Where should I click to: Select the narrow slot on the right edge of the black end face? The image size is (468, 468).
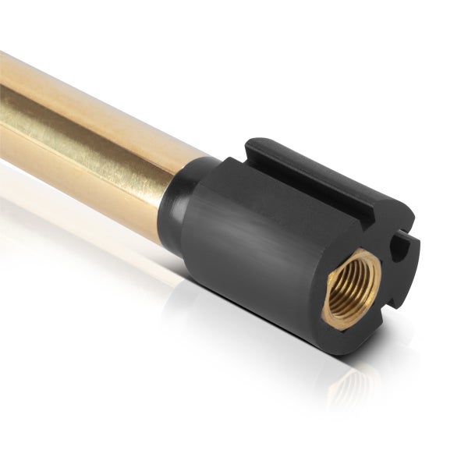pyautogui.click(x=401, y=247)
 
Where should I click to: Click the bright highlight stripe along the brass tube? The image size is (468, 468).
pyautogui.click(x=86, y=133)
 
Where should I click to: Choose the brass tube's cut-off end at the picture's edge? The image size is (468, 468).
pyautogui.click(x=3, y=109)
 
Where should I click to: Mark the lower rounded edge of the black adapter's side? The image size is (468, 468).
pyautogui.click(x=250, y=300)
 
